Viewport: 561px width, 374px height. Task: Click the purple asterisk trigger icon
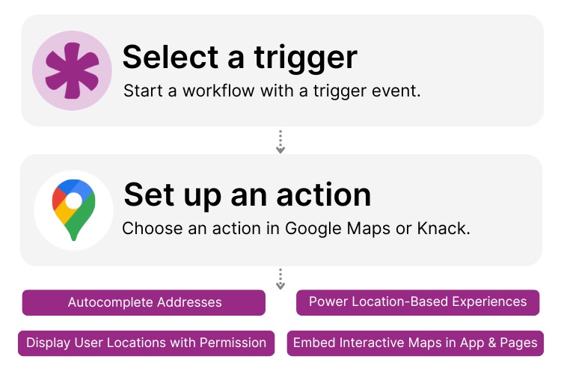click(x=72, y=71)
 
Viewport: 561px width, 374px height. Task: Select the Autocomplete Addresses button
click(x=144, y=302)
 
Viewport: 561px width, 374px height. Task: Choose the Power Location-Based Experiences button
click(x=417, y=302)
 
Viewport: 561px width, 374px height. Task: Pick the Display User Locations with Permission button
click(x=146, y=343)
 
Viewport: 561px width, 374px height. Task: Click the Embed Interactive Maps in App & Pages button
click(x=414, y=343)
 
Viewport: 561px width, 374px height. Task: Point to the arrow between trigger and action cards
click(x=280, y=142)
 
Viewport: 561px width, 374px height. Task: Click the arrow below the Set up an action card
click(x=280, y=279)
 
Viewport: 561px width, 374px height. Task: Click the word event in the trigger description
click(x=397, y=91)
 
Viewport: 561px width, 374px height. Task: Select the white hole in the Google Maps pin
click(x=73, y=201)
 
